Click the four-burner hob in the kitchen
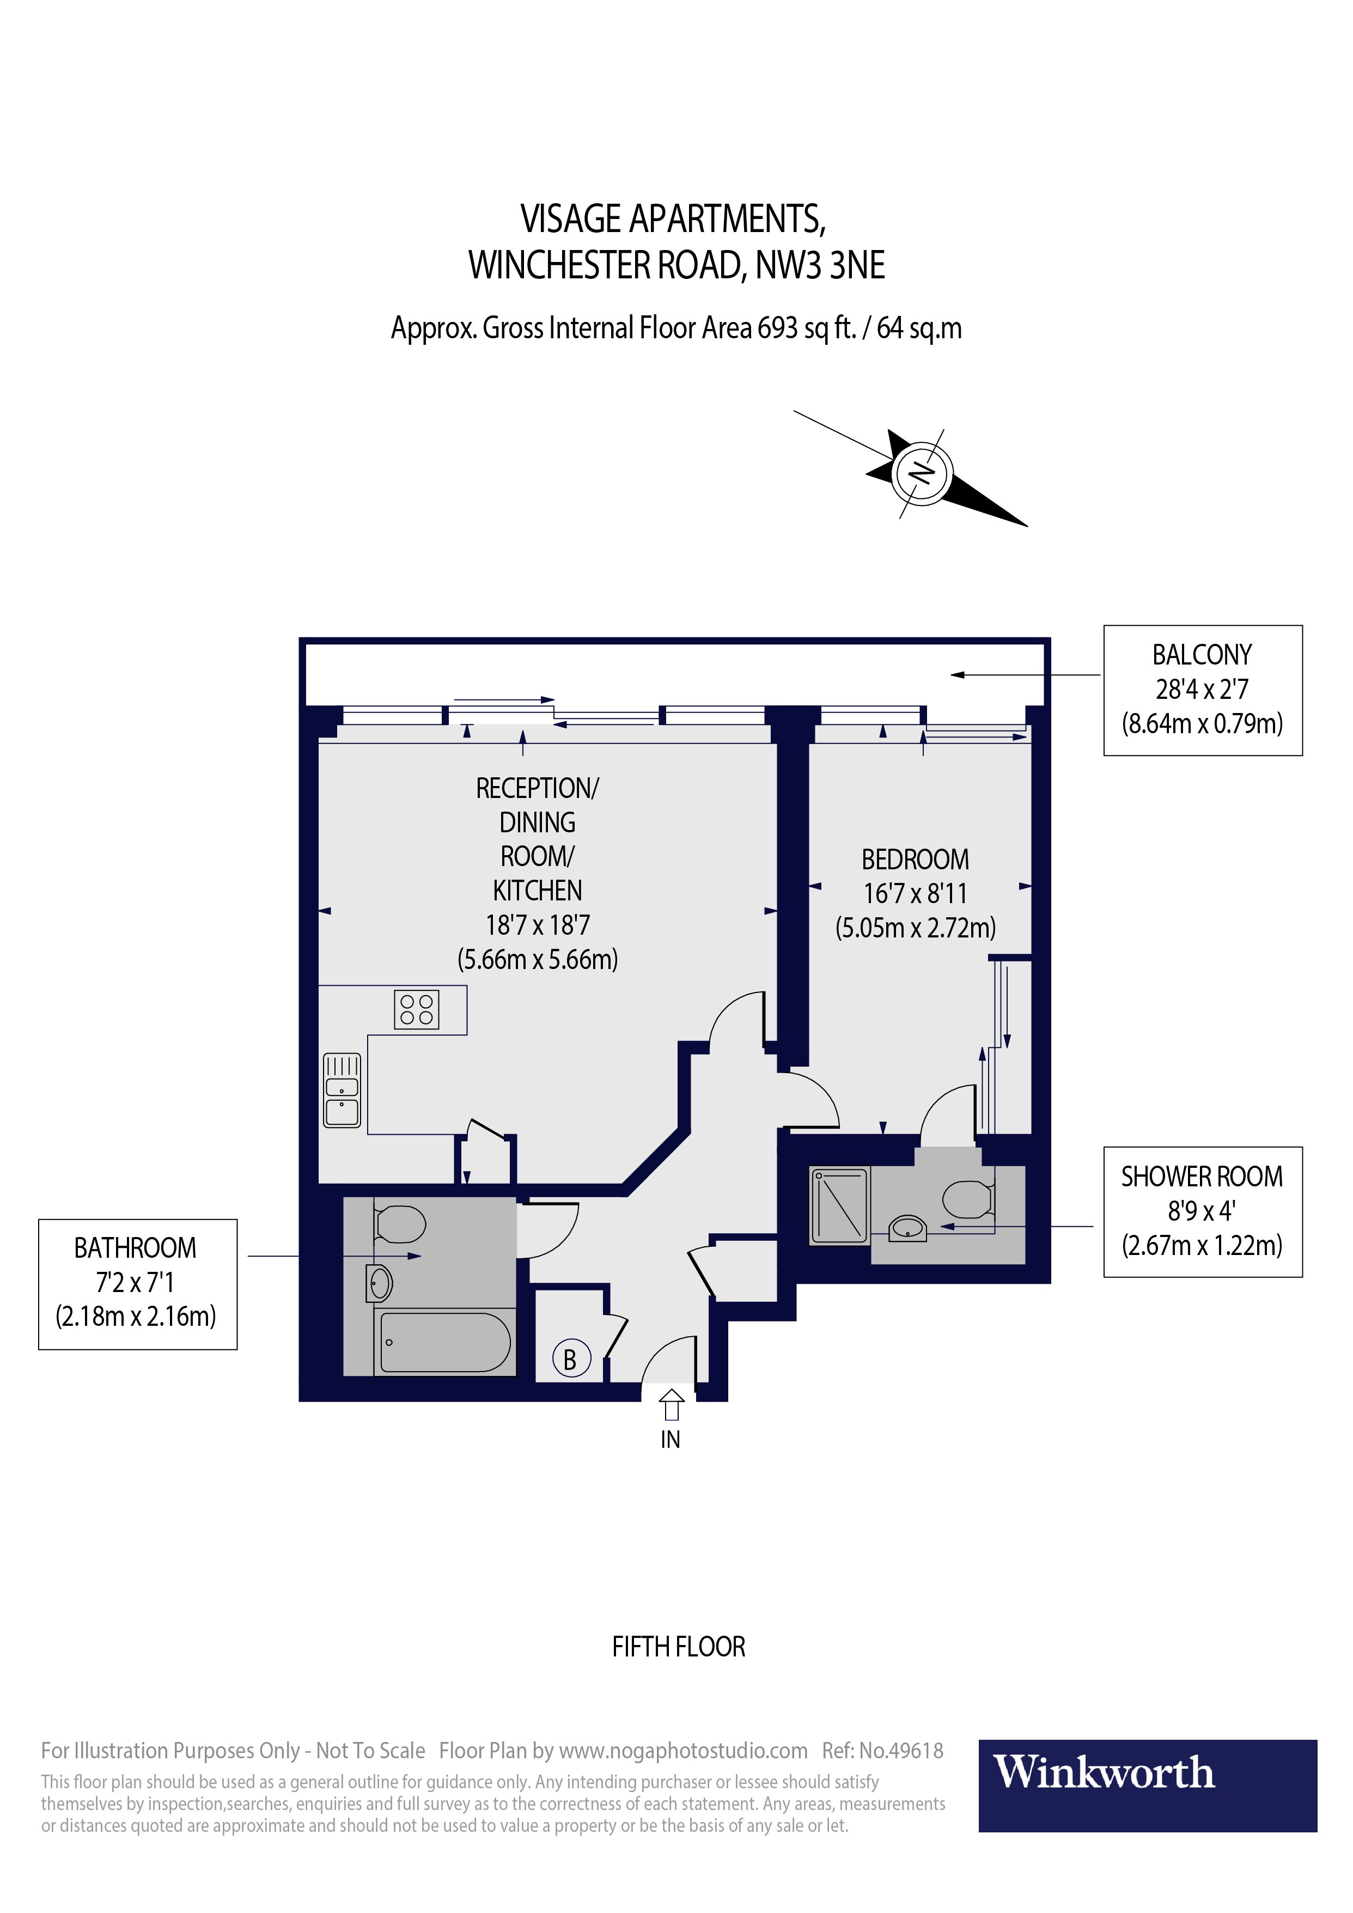[x=417, y=1010]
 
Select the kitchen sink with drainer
[x=342, y=1090]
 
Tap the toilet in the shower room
[x=968, y=1201]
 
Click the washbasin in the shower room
[x=907, y=1228]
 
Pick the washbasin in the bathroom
[x=379, y=1283]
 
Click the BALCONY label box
[x=1202, y=690]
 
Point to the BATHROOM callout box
[x=137, y=1284]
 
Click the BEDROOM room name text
[x=915, y=859]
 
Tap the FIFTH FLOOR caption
[x=678, y=1647]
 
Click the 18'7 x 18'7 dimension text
[x=538, y=925]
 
